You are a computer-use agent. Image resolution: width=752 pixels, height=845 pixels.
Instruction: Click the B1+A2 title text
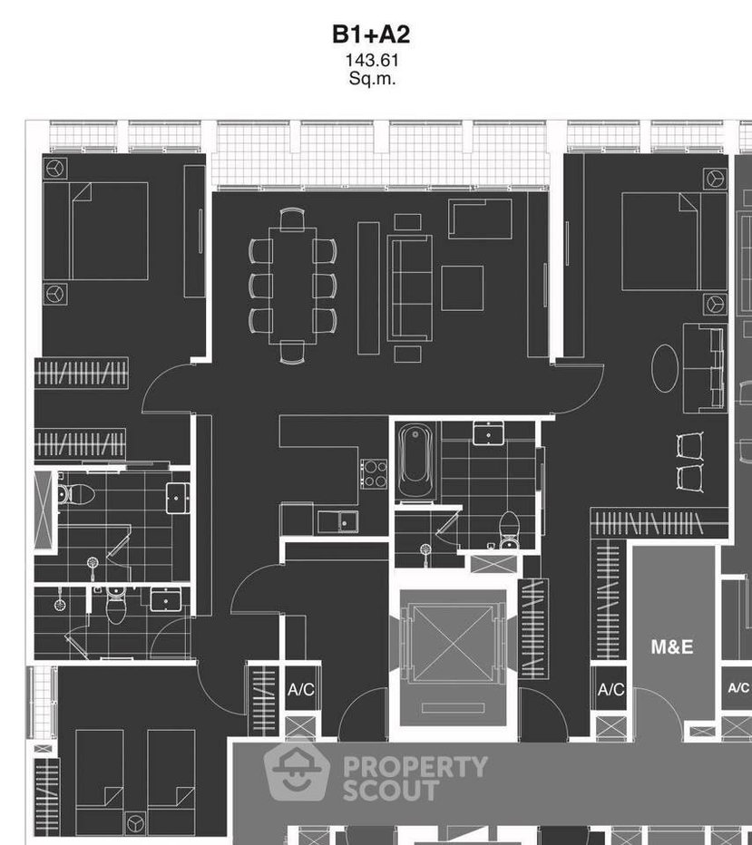click(371, 35)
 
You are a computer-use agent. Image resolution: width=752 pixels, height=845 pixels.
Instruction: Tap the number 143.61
click(371, 62)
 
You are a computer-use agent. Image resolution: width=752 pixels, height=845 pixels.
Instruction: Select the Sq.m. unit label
click(371, 79)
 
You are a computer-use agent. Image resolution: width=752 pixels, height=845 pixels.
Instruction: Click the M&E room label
click(672, 646)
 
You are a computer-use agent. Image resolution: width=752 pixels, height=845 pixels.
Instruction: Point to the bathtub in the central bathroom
click(416, 461)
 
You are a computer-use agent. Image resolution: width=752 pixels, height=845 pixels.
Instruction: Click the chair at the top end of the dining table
click(292, 219)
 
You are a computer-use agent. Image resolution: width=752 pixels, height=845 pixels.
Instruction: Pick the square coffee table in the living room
click(462, 288)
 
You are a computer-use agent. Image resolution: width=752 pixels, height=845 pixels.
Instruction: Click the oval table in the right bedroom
click(666, 367)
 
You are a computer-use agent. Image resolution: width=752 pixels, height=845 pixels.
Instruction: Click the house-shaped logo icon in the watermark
click(297, 773)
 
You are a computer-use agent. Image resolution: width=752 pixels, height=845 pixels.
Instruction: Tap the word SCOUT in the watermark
click(390, 791)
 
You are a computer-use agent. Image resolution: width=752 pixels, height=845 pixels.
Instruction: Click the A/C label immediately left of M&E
click(610, 690)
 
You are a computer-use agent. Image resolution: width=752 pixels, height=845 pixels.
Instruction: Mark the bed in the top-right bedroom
click(660, 240)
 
